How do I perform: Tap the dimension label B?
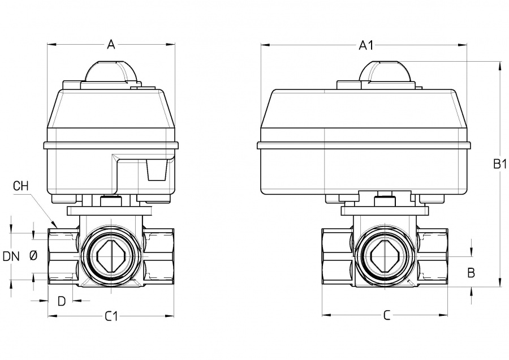pos(471,272)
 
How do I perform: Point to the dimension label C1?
pos(111,316)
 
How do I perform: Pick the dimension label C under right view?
pos(387,316)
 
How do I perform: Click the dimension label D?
pos(62,300)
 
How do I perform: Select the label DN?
pos(11,256)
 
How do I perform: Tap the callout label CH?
pos(20,186)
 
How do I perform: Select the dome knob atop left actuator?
pos(111,72)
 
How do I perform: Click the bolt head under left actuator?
pos(110,201)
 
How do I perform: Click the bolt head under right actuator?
pos(386,201)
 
